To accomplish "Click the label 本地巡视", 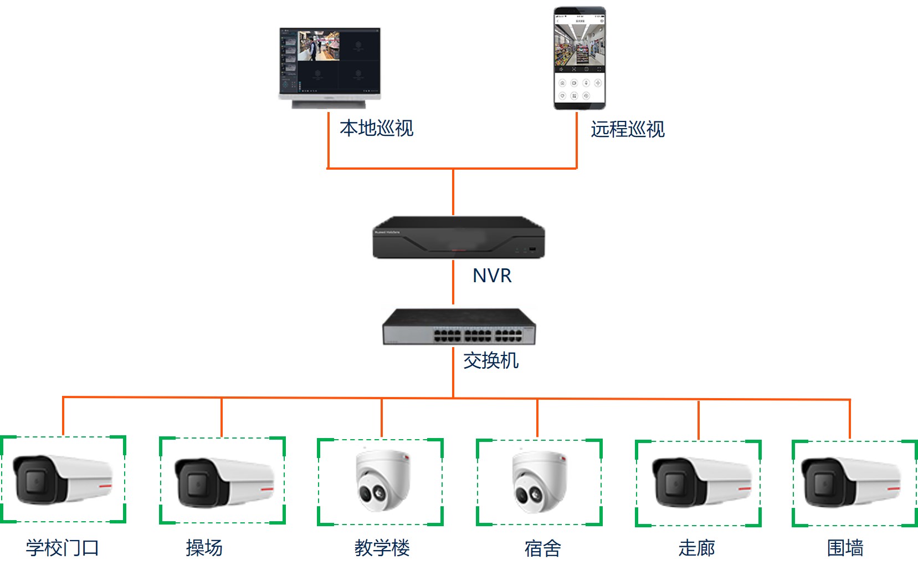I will [376, 128].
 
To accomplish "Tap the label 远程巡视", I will [627, 129].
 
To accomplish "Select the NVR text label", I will [492, 276].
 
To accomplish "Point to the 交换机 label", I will [491, 360].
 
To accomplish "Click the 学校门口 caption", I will [63, 548].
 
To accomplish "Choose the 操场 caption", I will [204, 548].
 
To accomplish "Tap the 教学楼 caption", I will [382, 548].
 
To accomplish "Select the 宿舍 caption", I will [542, 548].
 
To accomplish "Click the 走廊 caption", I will [696, 548].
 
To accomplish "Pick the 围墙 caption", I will [845, 548].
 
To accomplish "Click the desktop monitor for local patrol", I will [330, 67].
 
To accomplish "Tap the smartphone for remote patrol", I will [579, 58].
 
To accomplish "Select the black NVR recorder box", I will [459, 237].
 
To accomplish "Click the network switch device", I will [459, 327].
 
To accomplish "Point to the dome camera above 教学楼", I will [382, 480].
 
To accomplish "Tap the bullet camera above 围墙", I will [850, 482].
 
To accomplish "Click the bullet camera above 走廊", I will [701, 482].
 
